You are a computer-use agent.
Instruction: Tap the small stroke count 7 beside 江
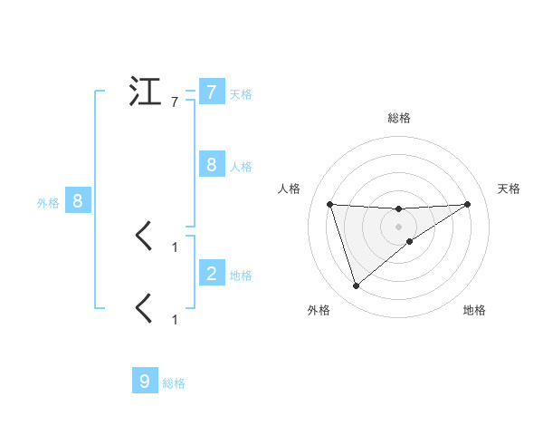(x=175, y=102)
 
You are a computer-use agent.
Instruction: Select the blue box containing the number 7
(x=211, y=92)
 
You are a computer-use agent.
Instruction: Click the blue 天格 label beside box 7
(x=241, y=93)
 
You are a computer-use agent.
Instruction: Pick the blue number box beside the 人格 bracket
(x=211, y=165)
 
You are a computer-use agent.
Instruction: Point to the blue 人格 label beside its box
(x=241, y=166)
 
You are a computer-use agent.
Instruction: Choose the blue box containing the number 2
(x=211, y=273)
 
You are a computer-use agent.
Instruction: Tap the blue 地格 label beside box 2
(x=241, y=275)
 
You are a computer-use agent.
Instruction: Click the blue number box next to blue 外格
(x=78, y=201)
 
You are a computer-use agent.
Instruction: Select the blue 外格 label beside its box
(x=48, y=203)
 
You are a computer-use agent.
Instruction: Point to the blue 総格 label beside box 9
(x=174, y=383)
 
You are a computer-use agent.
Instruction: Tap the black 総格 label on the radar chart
(x=398, y=118)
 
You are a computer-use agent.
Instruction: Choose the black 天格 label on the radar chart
(x=509, y=189)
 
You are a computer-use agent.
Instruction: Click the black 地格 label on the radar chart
(x=474, y=310)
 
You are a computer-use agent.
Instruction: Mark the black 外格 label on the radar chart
(x=319, y=310)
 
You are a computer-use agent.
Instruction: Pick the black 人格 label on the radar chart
(x=289, y=189)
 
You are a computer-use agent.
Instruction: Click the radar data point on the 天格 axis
(x=467, y=204)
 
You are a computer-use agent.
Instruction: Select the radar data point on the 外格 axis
(x=356, y=286)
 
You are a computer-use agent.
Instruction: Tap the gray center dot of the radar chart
(x=398, y=227)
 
